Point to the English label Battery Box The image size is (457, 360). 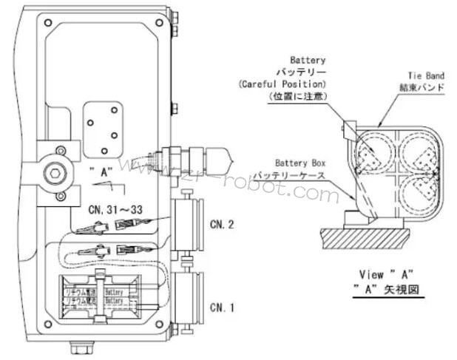click(x=299, y=163)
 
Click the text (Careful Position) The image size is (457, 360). click(x=282, y=84)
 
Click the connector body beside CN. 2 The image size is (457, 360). click(x=189, y=225)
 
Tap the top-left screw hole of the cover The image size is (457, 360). click(x=48, y=23)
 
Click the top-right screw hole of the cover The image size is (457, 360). click(x=158, y=23)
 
